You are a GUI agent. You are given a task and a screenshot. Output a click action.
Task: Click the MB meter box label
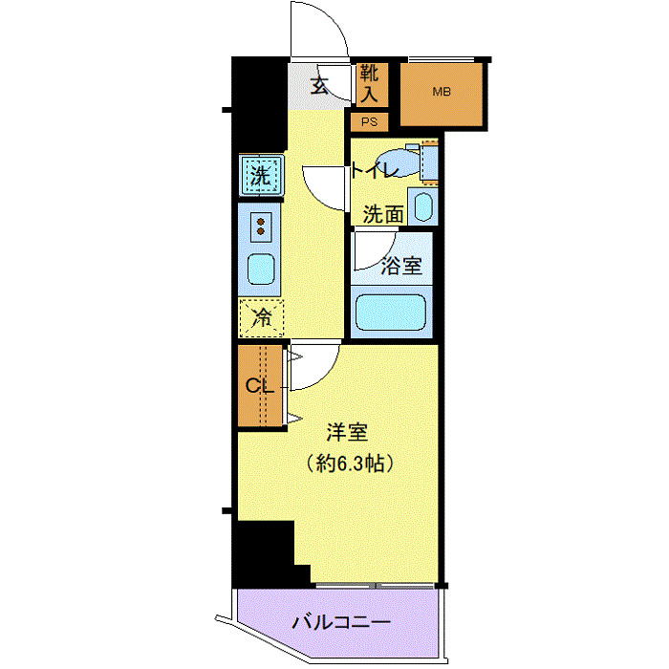(441, 93)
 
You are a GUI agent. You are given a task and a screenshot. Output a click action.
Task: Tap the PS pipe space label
(369, 122)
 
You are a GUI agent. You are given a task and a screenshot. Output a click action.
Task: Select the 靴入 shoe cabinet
(370, 83)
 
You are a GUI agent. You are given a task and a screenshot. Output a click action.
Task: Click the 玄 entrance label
(320, 85)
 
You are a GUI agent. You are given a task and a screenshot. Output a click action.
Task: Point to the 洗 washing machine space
(260, 176)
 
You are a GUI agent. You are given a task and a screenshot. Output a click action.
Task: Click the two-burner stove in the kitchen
(260, 227)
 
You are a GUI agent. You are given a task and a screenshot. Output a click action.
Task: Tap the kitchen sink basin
(260, 270)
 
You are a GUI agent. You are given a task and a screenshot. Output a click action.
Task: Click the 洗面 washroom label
(382, 214)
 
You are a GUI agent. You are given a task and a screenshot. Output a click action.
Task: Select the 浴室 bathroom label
(401, 266)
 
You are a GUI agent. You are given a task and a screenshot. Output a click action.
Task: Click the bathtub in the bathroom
(390, 312)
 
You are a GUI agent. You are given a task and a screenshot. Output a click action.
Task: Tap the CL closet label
(260, 387)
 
